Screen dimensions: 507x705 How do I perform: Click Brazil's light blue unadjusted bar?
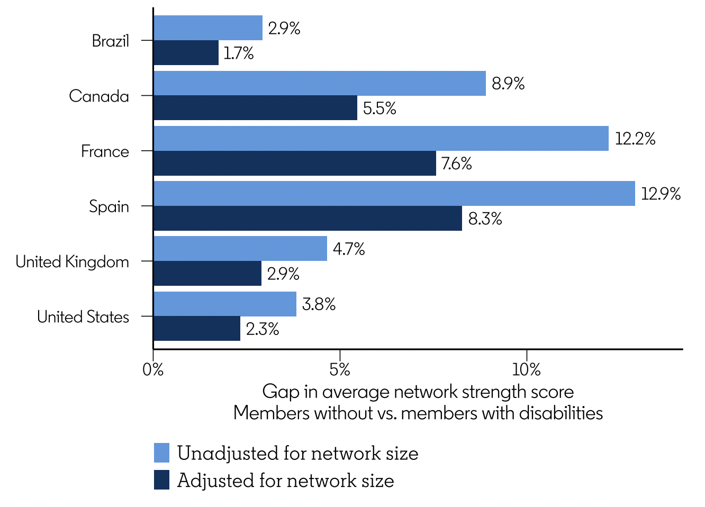208,28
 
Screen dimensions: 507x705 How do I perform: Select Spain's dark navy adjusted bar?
308,219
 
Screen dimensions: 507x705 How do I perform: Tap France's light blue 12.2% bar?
381,139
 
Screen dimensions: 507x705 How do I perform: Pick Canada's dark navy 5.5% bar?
255,108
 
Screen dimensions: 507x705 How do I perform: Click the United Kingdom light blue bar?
240,249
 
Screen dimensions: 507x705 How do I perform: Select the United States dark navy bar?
197,329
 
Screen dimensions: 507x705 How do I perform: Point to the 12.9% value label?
661,194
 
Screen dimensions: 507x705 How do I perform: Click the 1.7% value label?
238,53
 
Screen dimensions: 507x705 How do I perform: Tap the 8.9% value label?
508,84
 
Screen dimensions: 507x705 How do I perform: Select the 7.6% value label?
456,164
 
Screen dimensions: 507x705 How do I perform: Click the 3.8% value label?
319,304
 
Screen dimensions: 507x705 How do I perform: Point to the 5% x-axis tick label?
340,369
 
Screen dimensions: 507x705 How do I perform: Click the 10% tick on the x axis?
527,369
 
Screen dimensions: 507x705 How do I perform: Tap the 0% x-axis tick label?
153,369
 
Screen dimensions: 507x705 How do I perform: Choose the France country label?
105,151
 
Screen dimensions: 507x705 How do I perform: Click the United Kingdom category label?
72,261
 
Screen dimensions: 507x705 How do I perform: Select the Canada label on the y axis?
99,96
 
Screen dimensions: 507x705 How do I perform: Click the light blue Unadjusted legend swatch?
162,453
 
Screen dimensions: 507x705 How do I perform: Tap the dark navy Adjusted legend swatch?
162,480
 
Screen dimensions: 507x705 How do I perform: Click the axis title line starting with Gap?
418,392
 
